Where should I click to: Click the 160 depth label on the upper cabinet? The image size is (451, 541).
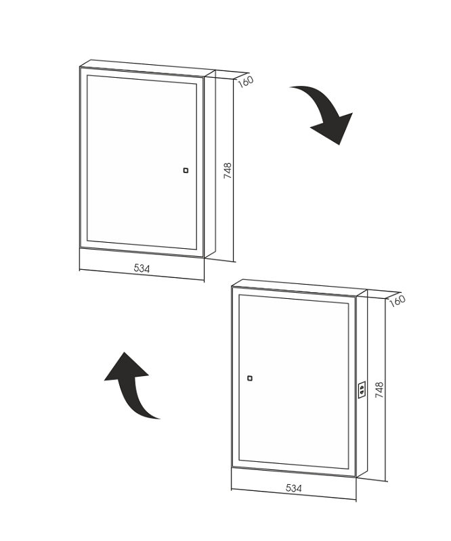[246, 81]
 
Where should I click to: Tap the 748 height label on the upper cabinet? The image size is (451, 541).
[228, 170]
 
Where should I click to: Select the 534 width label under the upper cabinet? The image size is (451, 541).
[142, 268]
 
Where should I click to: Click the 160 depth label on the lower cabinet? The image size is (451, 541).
[397, 301]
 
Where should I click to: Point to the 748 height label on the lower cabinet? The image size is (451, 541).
[379, 390]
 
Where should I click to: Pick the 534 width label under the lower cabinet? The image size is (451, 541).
[294, 488]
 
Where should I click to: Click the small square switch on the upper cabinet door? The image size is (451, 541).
[186, 170]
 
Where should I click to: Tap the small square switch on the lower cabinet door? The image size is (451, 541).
[250, 378]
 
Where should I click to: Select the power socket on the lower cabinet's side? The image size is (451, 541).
[362, 390]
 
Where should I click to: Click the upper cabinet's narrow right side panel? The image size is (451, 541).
[210, 164]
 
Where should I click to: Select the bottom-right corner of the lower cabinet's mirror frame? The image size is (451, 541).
[356, 477]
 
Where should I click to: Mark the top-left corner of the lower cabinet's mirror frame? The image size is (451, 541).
[232, 287]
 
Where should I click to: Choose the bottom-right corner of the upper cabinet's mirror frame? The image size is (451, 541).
[204, 258]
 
